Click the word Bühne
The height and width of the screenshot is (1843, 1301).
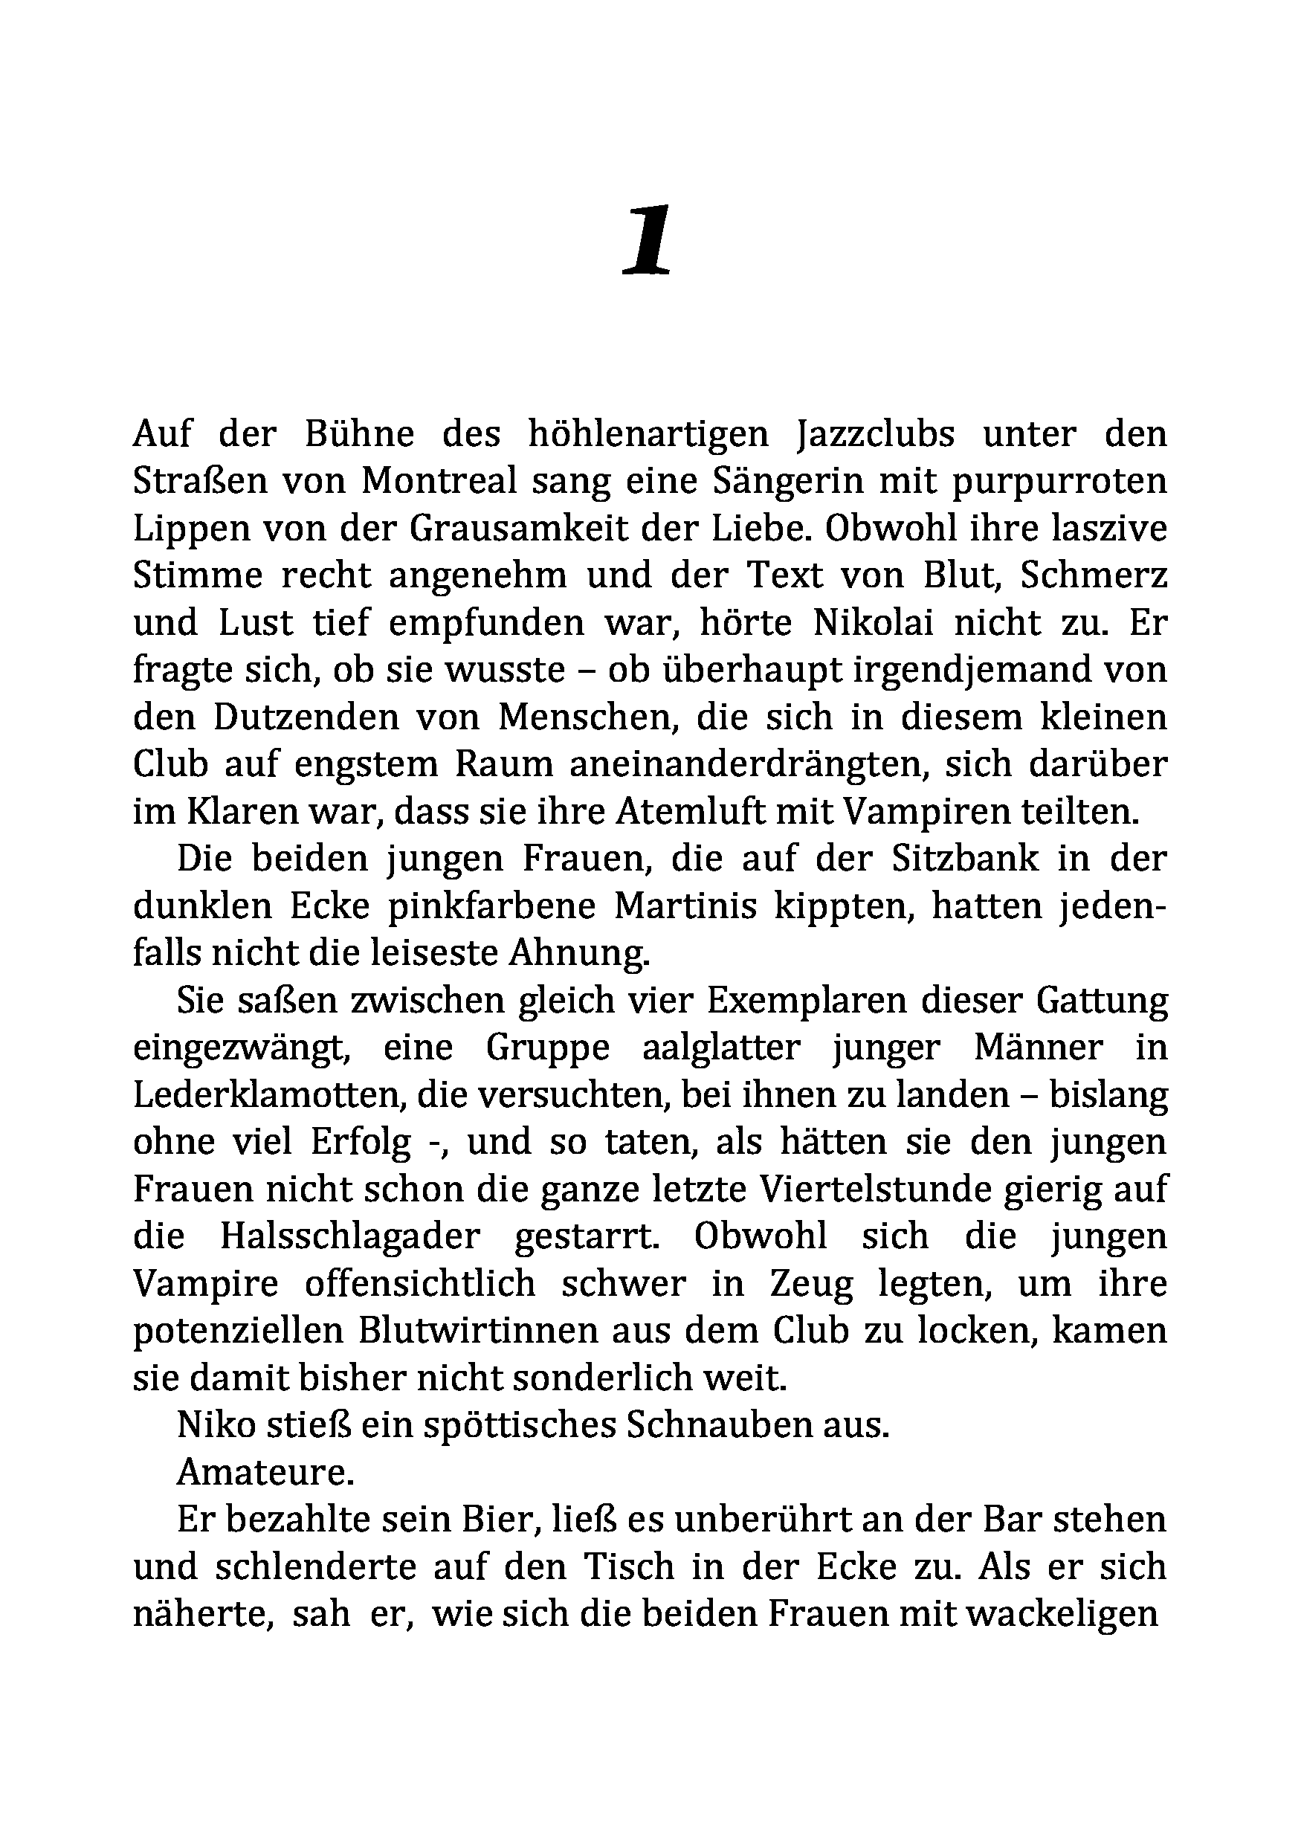click(x=360, y=434)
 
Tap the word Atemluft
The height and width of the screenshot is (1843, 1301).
click(x=680, y=812)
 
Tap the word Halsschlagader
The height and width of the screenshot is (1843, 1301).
click(x=349, y=1237)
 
